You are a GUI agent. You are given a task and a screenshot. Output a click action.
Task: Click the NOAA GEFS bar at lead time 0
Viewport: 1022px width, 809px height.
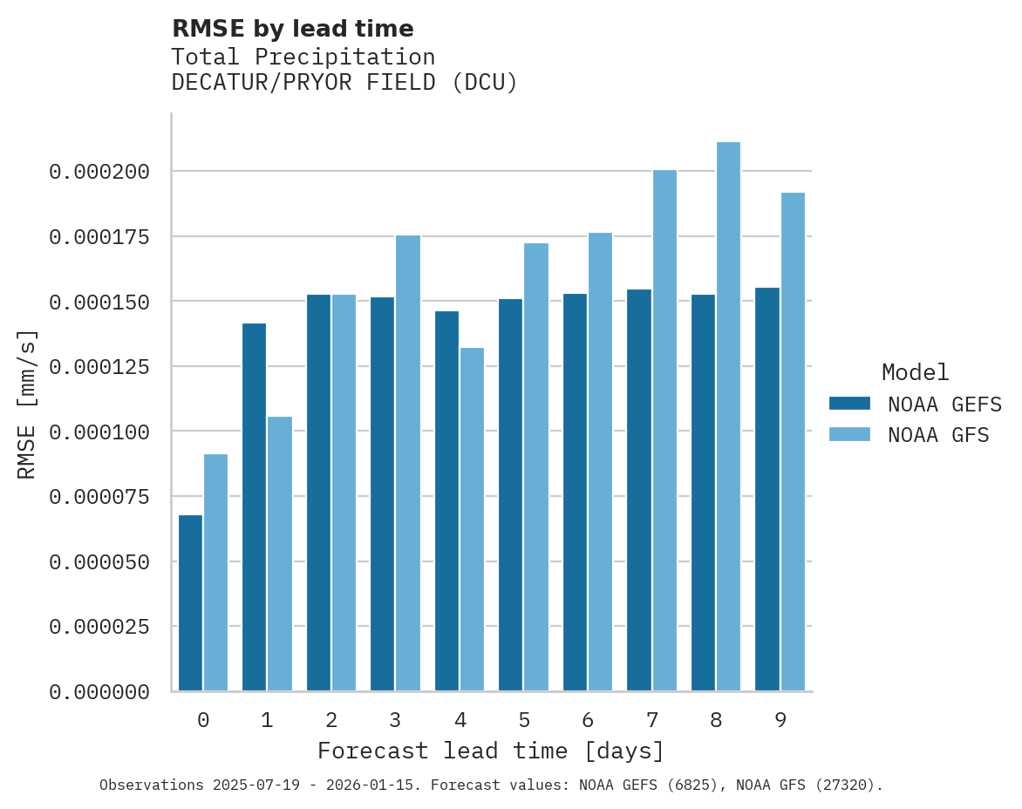190,602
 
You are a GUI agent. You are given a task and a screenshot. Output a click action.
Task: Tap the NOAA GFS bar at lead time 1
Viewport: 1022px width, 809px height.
280,554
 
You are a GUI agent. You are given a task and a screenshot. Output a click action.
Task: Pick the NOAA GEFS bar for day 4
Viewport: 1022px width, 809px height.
446,500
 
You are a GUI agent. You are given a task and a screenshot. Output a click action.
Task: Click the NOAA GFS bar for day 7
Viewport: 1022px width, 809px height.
664,430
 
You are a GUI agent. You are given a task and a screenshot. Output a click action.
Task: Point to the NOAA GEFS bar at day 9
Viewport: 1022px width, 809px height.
767,489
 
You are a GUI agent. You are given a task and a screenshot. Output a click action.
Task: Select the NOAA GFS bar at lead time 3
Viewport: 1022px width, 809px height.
408,463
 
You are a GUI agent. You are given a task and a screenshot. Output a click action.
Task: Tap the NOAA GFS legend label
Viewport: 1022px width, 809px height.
938,434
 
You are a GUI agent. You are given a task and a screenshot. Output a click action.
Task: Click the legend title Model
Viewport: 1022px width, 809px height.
915,372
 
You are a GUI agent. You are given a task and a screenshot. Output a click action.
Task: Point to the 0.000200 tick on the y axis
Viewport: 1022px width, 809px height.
99,172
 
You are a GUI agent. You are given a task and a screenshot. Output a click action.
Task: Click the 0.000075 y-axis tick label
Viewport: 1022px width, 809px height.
99,497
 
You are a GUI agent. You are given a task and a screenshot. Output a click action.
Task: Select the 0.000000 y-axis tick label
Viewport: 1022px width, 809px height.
99,692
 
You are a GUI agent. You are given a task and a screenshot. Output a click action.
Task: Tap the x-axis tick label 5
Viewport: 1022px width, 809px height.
524,720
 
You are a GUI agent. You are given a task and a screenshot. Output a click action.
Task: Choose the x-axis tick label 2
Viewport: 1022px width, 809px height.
331,720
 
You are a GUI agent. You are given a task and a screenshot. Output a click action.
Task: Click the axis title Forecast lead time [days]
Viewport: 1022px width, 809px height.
491,751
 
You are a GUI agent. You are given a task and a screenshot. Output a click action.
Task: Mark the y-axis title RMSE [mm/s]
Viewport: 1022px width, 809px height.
27,404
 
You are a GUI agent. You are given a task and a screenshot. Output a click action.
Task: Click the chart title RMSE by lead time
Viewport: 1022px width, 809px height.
292,29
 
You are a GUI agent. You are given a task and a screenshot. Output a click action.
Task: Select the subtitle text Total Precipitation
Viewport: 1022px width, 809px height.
303,57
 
